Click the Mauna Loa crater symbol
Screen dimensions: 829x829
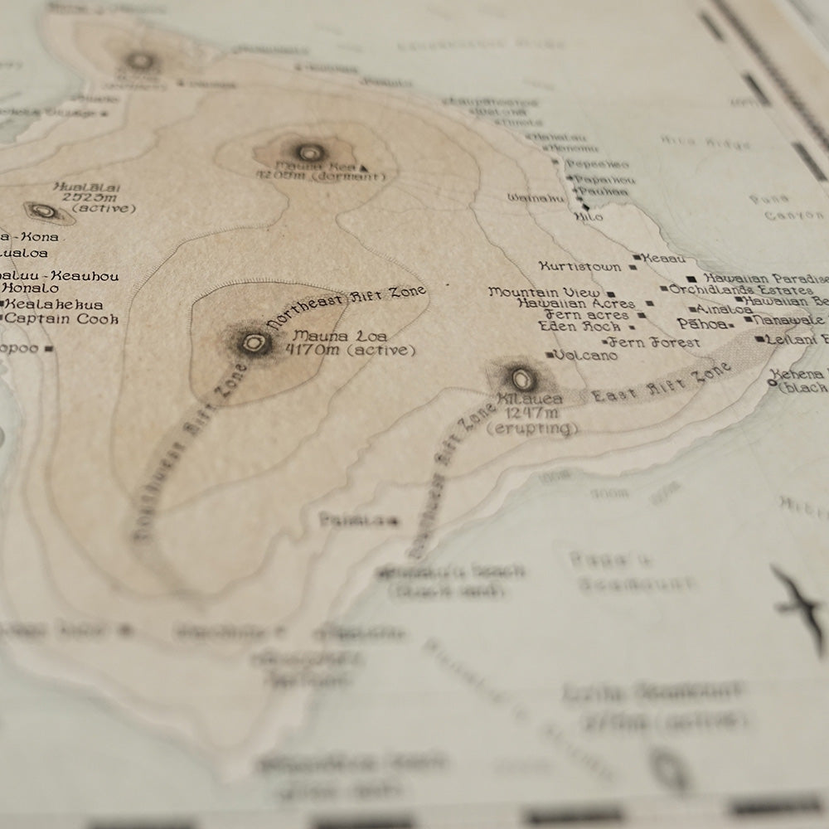coord(255,342)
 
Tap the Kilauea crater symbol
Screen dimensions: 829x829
coord(522,380)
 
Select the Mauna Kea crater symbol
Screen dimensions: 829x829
coord(309,153)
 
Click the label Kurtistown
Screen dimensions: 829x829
coord(579,267)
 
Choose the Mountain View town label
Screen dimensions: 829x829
coord(544,293)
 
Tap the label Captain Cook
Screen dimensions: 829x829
coord(62,319)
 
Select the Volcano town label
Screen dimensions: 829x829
coord(585,356)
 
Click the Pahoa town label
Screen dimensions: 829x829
coord(701,323)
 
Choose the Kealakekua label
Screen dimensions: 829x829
coord(55,304)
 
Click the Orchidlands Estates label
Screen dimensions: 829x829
coord(741,290)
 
